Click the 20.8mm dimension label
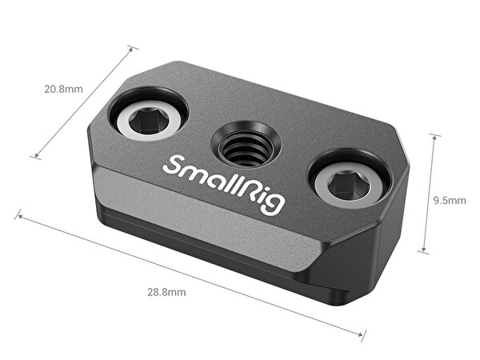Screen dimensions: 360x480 click(63, 88)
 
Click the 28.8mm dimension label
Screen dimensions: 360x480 click(166, 292)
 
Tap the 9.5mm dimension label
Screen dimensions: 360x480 click(450, 200)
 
